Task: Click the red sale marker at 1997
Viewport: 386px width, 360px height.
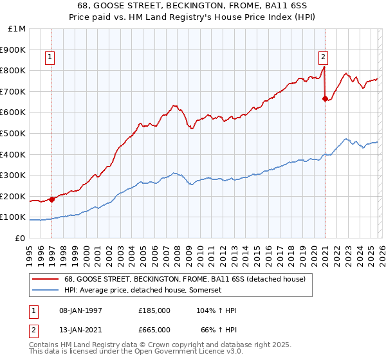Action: (x=51, y=199)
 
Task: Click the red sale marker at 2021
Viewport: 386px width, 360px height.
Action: (x=325, y=98)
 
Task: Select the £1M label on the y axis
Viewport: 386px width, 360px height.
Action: (x=17, y=28)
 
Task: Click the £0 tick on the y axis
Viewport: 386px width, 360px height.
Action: (x=19, y=238)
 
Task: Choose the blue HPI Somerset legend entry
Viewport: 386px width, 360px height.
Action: (x=143, y=290)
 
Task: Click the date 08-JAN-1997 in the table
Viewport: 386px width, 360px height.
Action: (x=80, y=310)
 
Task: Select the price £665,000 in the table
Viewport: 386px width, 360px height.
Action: (x=154, y=329)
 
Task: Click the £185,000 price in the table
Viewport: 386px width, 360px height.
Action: (x=154, y=310)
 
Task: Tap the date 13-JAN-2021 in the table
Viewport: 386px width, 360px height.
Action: (x=80, y=329)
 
